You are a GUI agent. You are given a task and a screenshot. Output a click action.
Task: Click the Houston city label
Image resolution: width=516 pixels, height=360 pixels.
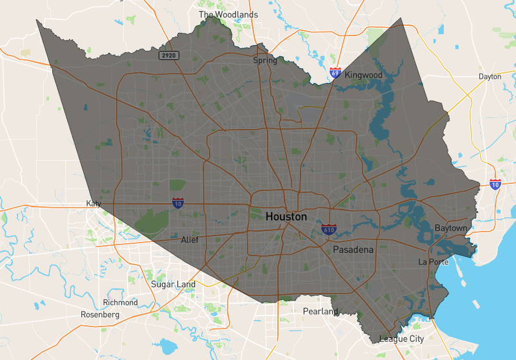[x=286, y=217]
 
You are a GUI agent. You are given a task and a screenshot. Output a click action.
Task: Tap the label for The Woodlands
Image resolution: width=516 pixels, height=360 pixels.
[x=228, y=14]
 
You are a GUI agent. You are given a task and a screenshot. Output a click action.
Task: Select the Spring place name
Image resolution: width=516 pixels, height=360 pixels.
[x=265, y=61]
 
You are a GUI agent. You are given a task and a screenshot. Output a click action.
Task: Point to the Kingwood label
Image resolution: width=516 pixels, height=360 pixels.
[x=363, y=75]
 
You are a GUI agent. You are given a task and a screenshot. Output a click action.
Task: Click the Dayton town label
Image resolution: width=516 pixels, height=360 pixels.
[x=490, y=76]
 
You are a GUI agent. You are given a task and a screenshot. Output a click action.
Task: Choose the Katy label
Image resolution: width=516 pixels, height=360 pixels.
[x=94, y=203]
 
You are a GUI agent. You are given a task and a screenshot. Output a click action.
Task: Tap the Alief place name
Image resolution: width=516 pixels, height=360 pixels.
[x=190, y=240]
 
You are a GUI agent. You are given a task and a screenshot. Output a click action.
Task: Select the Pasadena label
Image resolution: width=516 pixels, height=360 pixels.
[x=353, y=249]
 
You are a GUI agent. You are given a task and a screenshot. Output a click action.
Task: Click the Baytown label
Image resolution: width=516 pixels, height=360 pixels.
[x=450, y=228]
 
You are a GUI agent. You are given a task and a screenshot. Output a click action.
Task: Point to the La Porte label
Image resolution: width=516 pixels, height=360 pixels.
[x=433, y=261]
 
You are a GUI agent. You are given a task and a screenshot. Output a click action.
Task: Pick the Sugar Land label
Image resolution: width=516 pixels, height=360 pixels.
[x=173, y=284]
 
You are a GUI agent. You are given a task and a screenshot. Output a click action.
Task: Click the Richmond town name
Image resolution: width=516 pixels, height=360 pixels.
[x=120, y=302]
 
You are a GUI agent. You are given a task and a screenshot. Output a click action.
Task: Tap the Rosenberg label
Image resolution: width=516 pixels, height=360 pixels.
[x=100, y=314]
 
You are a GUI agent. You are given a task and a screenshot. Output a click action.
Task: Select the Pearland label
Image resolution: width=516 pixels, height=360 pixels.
[x=321, y=312]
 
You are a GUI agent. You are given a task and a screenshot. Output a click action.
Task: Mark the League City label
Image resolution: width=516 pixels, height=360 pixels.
[x=401, y=338]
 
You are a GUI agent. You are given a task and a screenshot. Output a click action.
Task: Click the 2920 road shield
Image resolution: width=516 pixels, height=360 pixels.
[x=169, y=55]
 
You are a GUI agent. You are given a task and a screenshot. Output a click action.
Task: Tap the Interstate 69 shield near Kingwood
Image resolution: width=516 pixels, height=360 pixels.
[x=335, y=72]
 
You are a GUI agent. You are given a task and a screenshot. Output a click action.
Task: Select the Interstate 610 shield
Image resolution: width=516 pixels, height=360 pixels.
[x=328, y=229]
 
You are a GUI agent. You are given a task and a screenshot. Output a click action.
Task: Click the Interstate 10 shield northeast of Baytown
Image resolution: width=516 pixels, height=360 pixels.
[x=495, y=185]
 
